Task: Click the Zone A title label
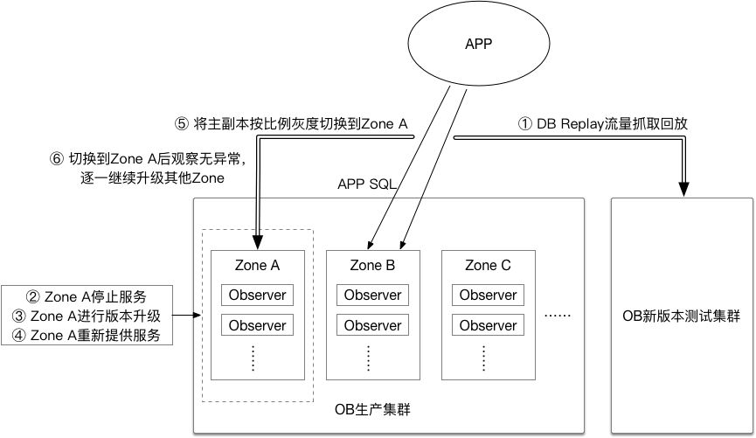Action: click(258, 265)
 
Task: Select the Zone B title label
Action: click(372, 265)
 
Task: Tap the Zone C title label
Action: click(488, 265)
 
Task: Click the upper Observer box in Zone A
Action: click(258, 295)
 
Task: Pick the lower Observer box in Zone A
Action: click(258, 325)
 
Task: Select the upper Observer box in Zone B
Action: click(372, 295)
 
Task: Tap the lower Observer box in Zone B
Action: click(372, 325)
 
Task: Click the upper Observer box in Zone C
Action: click(489, 295)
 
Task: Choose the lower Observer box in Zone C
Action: click(489, 325)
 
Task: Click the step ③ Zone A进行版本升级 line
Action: click(86, 315)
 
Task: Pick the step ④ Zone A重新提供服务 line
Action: click(86, 334)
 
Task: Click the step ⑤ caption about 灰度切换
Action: click(292, 124)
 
